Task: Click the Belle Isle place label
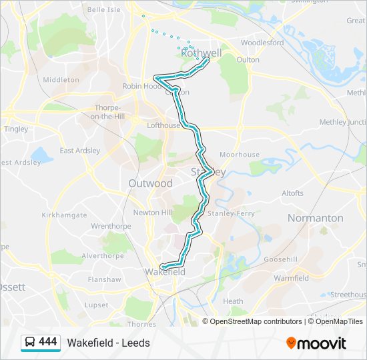tap(104, 9)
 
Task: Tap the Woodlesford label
tap(262, 43)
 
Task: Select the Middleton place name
tap(61, 79)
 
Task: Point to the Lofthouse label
tap(163, 125)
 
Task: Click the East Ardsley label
tap(80, 151)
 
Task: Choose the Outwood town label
tap(150, 183)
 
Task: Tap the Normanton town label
tap(315, 218)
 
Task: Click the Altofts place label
tap(292, 193)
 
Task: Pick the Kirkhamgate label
tap(64, 215)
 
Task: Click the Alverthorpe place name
tap(103, 255)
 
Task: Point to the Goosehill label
tap(280, 259)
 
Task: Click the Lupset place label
tap(97, 305)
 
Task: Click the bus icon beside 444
tap(30, 343)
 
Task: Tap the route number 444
tap(48, 342)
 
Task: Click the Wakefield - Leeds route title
tap(108, 343)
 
